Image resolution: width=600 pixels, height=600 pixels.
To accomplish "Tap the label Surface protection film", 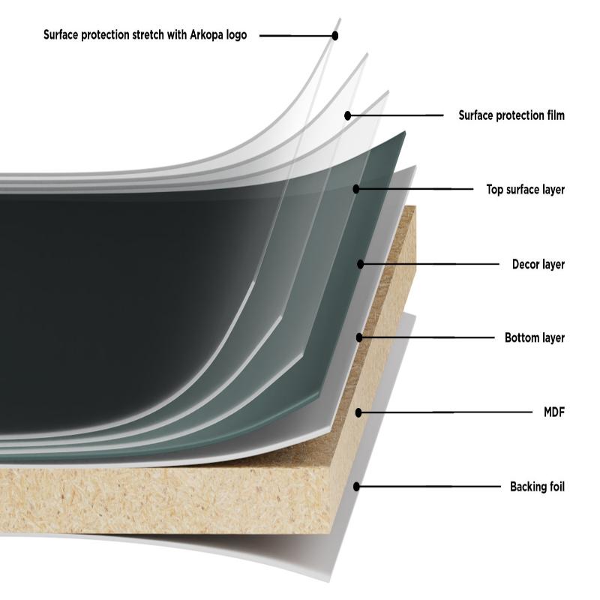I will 511,115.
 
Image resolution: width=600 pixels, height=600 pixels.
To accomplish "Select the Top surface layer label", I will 525,190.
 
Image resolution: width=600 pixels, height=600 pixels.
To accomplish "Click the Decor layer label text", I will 538,264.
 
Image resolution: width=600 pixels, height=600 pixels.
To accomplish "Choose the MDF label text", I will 553,412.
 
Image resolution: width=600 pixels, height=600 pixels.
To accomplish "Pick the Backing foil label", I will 537,487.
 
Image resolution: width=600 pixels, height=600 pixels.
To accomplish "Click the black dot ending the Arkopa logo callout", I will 335,35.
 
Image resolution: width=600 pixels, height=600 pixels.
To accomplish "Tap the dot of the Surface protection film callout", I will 348,115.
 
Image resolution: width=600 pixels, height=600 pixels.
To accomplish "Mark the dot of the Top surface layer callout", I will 356,189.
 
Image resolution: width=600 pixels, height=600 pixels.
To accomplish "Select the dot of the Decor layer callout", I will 361,264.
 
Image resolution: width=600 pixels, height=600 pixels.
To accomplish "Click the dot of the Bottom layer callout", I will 359,338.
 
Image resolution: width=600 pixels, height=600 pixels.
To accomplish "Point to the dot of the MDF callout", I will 359,412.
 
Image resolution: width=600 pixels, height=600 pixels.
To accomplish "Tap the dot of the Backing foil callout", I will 357,487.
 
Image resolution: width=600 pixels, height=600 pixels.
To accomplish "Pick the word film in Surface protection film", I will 554,115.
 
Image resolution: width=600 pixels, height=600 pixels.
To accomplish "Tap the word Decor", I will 526,264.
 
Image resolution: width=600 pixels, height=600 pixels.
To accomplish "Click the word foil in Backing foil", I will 554,487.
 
